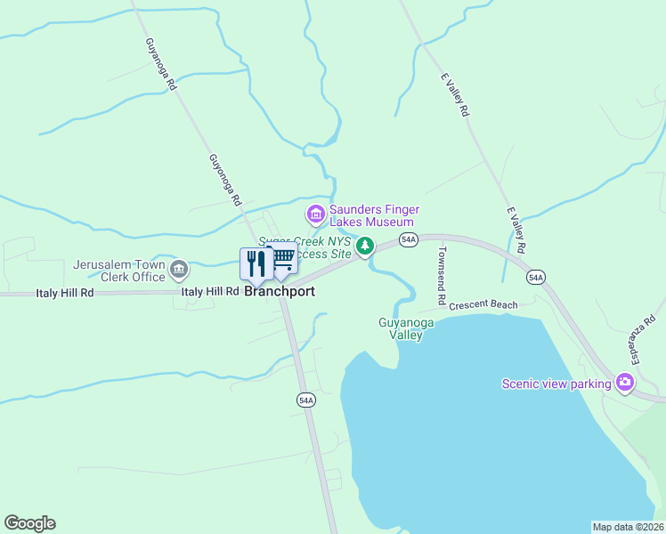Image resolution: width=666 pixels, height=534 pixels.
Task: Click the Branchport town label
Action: [x=280, y=291]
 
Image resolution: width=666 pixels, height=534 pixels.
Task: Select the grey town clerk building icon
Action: [x=178, y=269]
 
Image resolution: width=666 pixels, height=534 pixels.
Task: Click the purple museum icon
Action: [x=314, y=214]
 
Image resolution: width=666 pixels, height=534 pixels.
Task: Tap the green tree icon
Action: [x=363, y=246]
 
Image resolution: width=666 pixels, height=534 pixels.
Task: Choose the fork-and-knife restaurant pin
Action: [x=256, y=263]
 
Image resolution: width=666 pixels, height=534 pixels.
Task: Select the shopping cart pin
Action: [x=283, y=259]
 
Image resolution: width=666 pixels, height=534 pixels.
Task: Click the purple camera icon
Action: [x=625, y=383]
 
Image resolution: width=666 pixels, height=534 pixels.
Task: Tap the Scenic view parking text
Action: [x=556, y=384]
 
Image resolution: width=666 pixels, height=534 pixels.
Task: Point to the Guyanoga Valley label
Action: [x=406, y=329]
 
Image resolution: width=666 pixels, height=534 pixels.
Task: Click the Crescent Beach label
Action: [x=483, y=305]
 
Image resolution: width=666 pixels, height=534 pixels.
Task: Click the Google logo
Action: [x=30, y=523]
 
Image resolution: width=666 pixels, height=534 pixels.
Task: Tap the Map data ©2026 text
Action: [x=627, y=527]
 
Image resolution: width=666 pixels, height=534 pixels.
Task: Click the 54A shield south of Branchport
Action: [x=305, y=400]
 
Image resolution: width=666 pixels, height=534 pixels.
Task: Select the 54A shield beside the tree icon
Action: [x=408, y=239]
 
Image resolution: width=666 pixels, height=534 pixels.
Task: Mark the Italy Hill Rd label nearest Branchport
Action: [x=210, y=291]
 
